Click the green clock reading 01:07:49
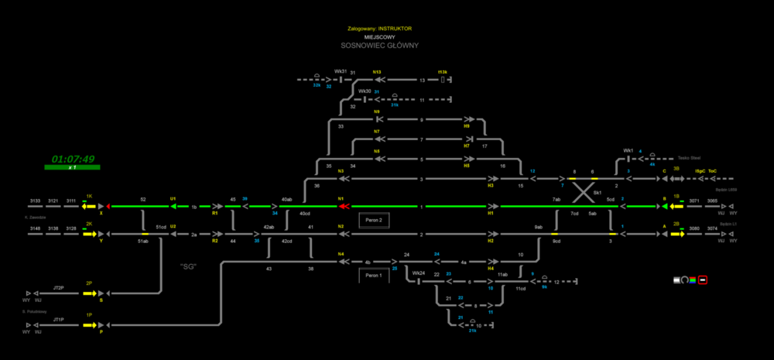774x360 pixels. (x=73, y=159)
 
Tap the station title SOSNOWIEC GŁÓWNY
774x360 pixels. (x=380, y=46)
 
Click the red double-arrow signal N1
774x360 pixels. (x=344, y=207)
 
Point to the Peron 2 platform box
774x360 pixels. (x=375, y=221)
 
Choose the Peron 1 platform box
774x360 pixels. (x=375, y=275)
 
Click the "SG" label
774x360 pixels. (x=188, y=267)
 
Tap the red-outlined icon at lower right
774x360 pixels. (x=702, y=279)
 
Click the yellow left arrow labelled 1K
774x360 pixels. (x=90, y=207)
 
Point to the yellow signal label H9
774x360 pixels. (x=467, y=126)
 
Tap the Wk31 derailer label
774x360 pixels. (x=340, y=72)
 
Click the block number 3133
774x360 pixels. (x=35, y=200)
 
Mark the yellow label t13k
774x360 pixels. (x=444, y=71)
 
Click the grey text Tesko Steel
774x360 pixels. (x=688, y=156)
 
